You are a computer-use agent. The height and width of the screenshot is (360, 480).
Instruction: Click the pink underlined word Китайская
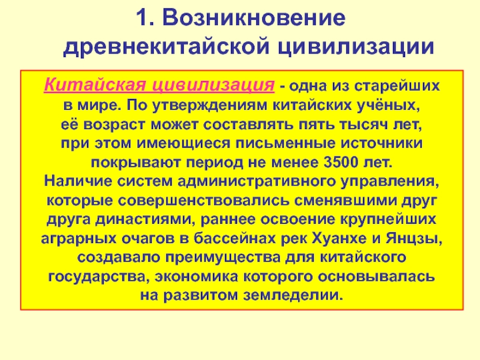pyautogui.click(x=95, y=85)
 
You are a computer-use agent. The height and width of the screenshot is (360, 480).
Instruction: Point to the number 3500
pyautogui.click(x=341, y=163)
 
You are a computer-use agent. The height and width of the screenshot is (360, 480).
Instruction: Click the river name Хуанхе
pyautogui.click(x=339, y=238)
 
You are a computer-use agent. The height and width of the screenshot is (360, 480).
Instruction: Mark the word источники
pyautogui.click(x=382, y=143)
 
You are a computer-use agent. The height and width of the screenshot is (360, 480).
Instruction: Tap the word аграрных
pyautogui.click(x=79, y=239)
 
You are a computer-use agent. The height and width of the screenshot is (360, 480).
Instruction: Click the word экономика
pyautogui.click(x=196, y=277)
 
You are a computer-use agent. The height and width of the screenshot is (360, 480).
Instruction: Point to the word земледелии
pyautogui.click(x=293, y=296)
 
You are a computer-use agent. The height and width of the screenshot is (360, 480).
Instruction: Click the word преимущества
pyautogui.click(x=223, y=258)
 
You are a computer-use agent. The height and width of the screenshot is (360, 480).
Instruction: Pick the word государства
pyautogui.click(x=99, y=277)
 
